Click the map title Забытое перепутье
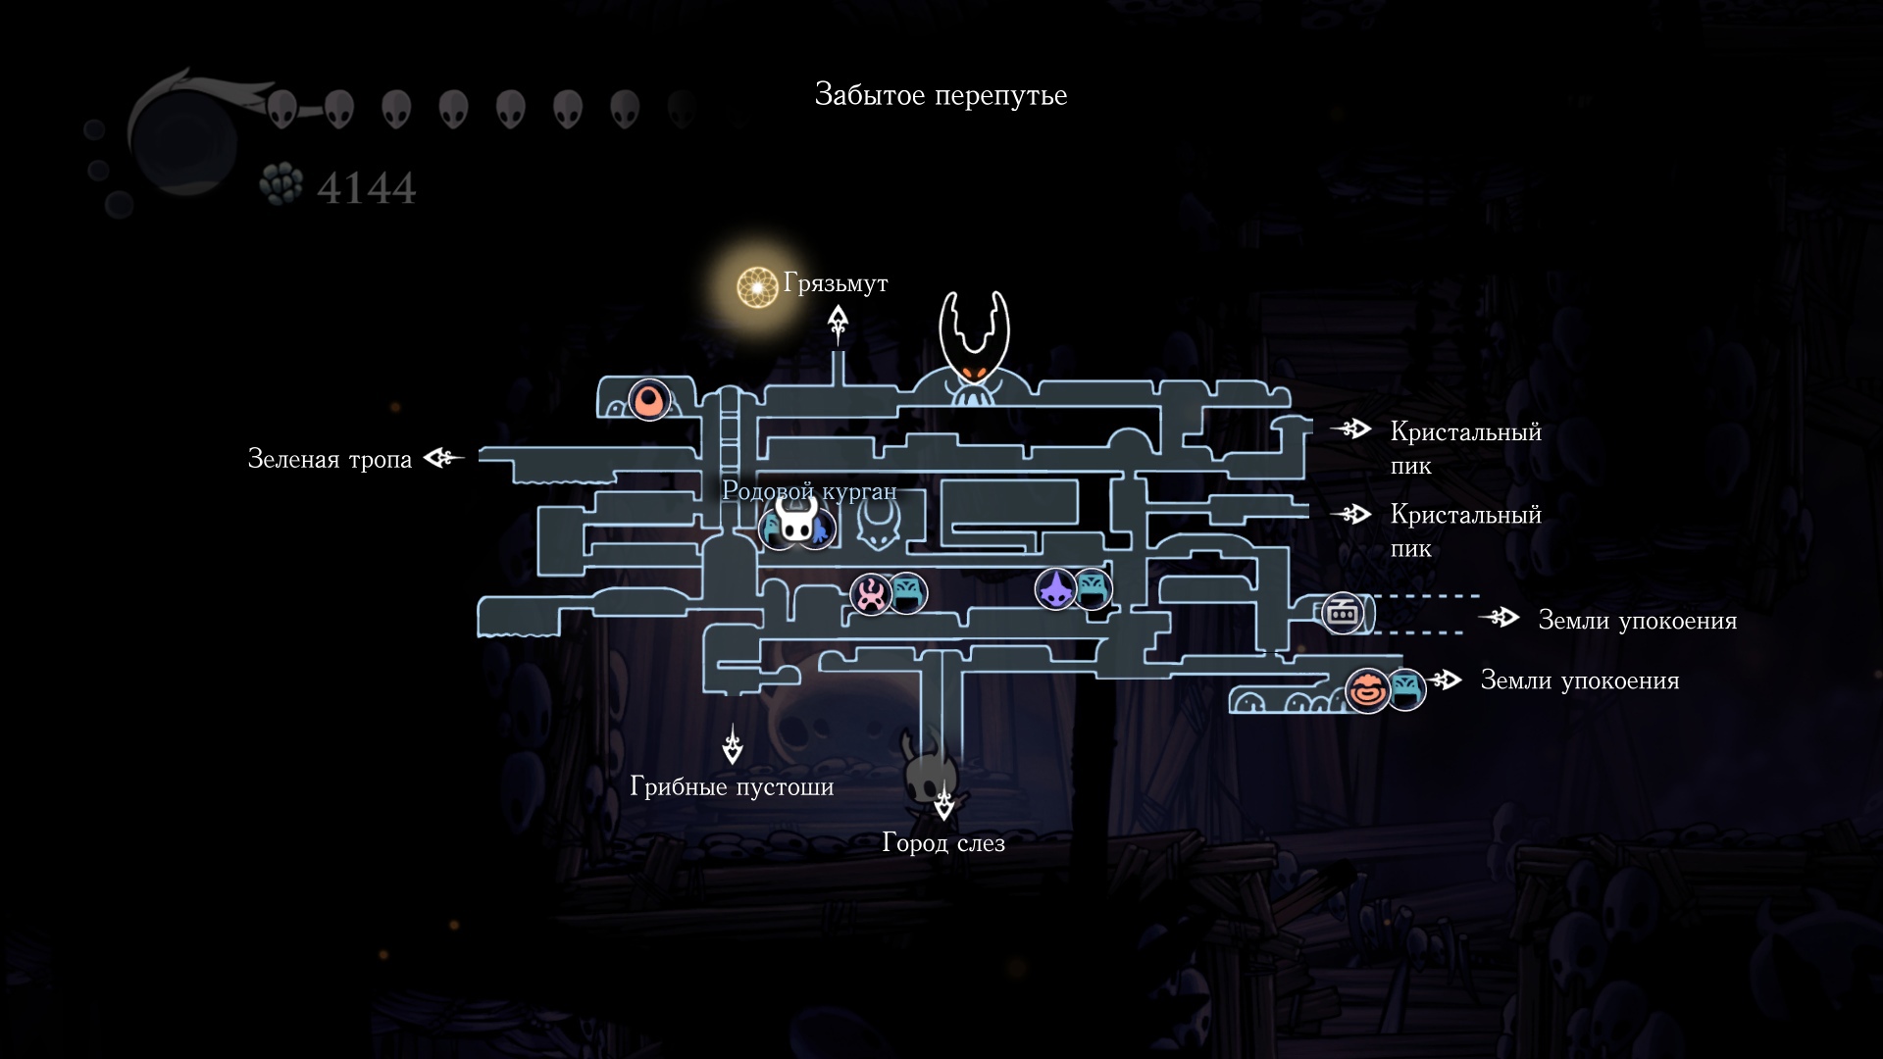point(941,95)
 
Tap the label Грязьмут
point(836,283)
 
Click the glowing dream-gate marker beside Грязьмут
point(757,287)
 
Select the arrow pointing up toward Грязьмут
point(838,324)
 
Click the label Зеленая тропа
point(330,459)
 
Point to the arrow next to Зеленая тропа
point(443,457)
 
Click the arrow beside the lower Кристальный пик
point(1350,514)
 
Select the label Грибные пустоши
point(732,786)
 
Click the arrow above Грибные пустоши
point(733,744)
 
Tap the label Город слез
point(943,842)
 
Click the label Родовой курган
point(809,490)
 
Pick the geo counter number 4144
point(366,187)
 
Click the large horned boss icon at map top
point(974,348)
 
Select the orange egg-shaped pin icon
point(649,400)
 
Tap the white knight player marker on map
point(796,519)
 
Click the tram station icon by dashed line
point(1342,614)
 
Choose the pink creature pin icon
point(870,593)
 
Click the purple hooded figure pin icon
point(1055,588)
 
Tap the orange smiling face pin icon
point(1367,689)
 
